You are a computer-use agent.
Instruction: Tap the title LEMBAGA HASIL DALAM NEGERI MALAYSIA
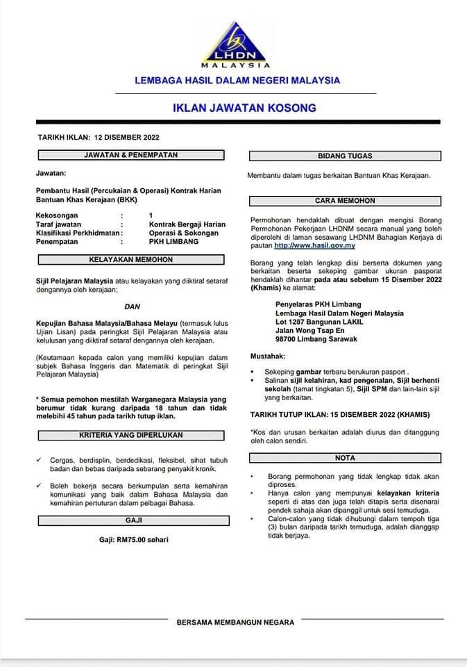(x=237, y=81)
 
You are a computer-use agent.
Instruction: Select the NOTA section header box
(x=345, y=458)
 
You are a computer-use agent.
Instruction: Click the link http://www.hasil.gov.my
(x=315, y=246)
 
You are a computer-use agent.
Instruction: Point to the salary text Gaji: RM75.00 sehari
(x=133, y=540)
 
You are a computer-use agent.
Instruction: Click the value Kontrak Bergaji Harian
(x=187, y=224)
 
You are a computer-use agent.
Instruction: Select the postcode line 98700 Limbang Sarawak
(x=316, y=339)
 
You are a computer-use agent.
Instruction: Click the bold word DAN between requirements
(x=132, y=306)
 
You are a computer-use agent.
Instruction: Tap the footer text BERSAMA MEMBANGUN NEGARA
(x=236, y=623)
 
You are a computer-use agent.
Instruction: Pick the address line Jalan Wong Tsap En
(x=310, y=331)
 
